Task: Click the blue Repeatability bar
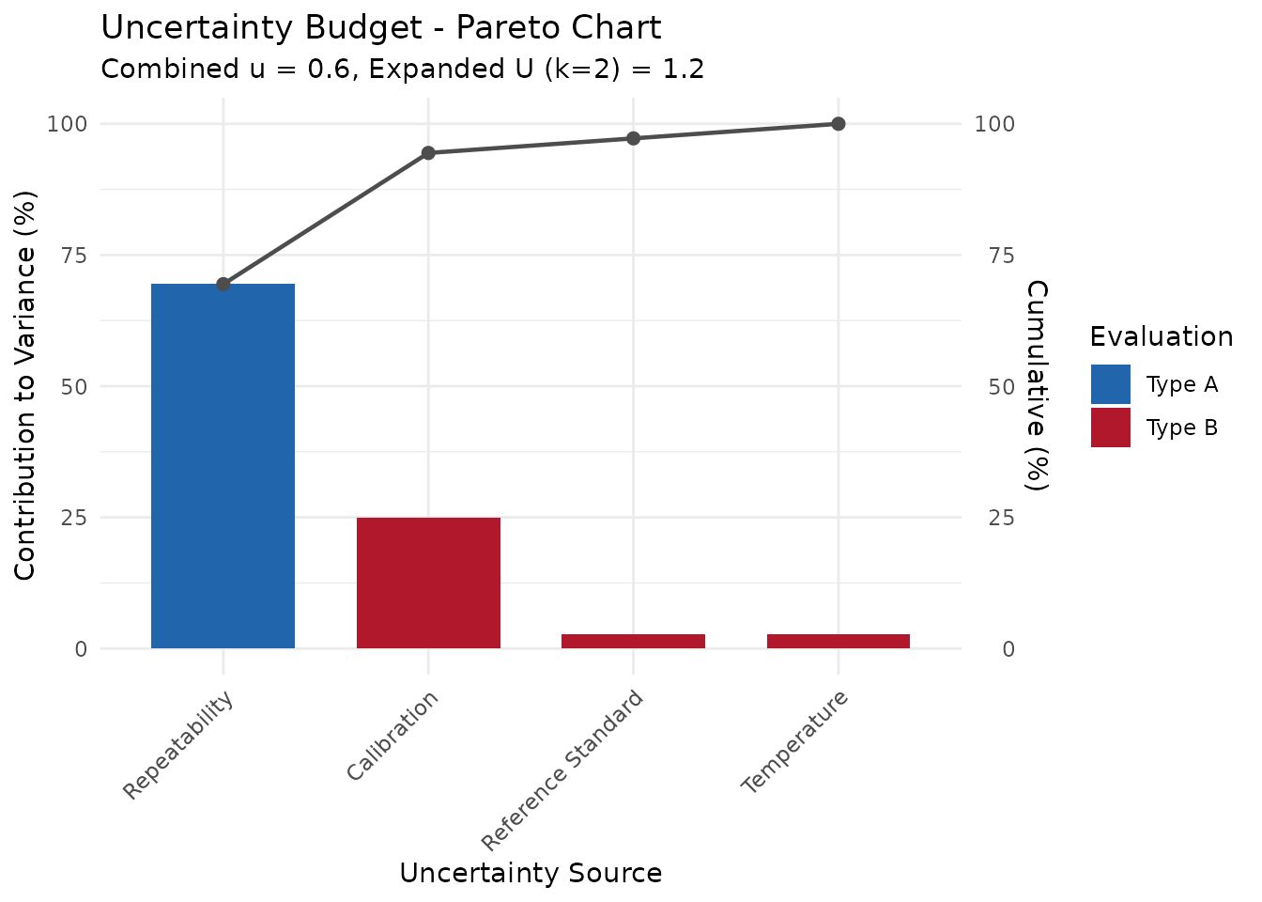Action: click(x=223, y=466)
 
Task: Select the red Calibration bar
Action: click(x=428, y=583)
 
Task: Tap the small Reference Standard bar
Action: click(x=633, y=642)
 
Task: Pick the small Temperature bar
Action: click(x=839, y=642)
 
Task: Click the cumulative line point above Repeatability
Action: click(x=223, y=284)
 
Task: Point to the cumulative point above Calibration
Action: click(x=428, y=153)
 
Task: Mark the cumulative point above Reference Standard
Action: click(x=633, y=138)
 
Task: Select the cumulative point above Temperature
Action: click(x=839, y=124)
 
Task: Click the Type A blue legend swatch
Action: click(x=1111, y=384)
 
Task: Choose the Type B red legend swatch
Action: click(x=1111, y=428)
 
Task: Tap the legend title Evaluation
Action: click(x=1162, y=336)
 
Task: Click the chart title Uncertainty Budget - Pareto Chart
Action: click(x=381, y=28)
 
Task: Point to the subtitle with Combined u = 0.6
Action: click(x=402, y=70)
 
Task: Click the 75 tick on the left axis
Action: click(x=73, y=256)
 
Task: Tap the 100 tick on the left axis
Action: click(x=68, y=124)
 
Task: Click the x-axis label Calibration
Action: click(x=392, y=736)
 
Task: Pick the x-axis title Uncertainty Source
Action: click(x=531, y=873)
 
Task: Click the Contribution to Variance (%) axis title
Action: click(x=25, y=385)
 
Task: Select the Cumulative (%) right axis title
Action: click(x=1036, y=385)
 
